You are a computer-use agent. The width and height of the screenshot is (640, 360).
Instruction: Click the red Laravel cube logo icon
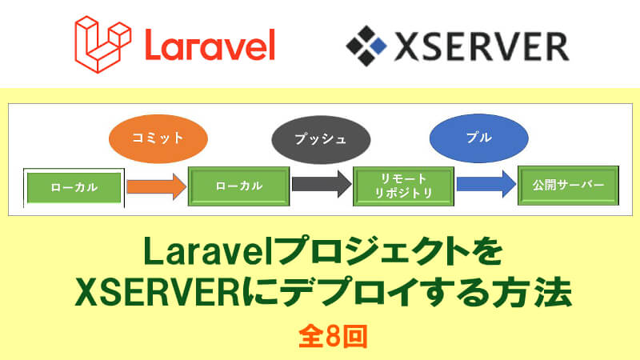click(x=101, y=43)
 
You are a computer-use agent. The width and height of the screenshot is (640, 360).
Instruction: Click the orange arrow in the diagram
click(x=155, y=186)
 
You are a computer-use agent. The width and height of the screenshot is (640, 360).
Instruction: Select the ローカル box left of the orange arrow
click(x=74, y=187)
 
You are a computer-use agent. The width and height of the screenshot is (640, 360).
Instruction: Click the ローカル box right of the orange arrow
click(x=238, y=185)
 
